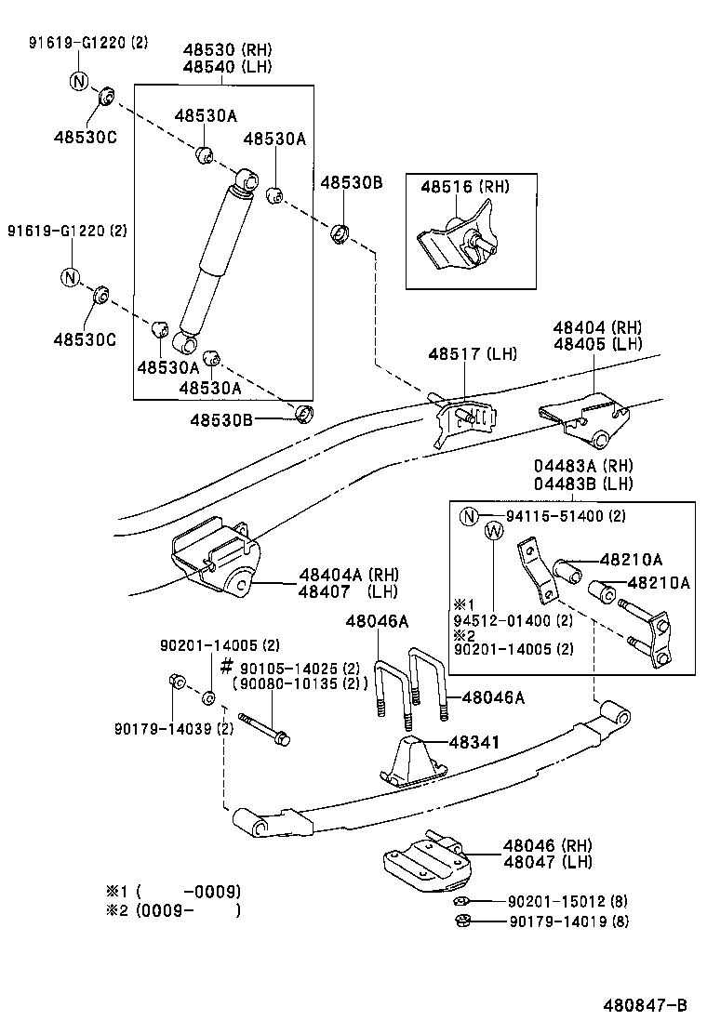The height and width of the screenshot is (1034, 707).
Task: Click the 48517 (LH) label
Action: pos(473,354)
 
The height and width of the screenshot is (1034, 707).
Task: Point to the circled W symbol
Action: pos(494,531)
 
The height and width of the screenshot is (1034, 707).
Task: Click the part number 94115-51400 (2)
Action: pos(566,516)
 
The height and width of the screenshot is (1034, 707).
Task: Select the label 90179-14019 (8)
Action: pos(568,921)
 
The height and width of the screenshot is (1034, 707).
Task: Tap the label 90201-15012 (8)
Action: pos(568,901)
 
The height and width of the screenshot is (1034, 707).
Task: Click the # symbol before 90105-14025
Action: pos(226,667)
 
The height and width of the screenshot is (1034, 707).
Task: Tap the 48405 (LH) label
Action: pos(597,343)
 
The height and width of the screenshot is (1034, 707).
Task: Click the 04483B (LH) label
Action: pos(583,484)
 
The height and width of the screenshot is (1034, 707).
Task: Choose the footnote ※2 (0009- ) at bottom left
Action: pos(173,910)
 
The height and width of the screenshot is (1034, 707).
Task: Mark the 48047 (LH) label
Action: pos(548,862)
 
